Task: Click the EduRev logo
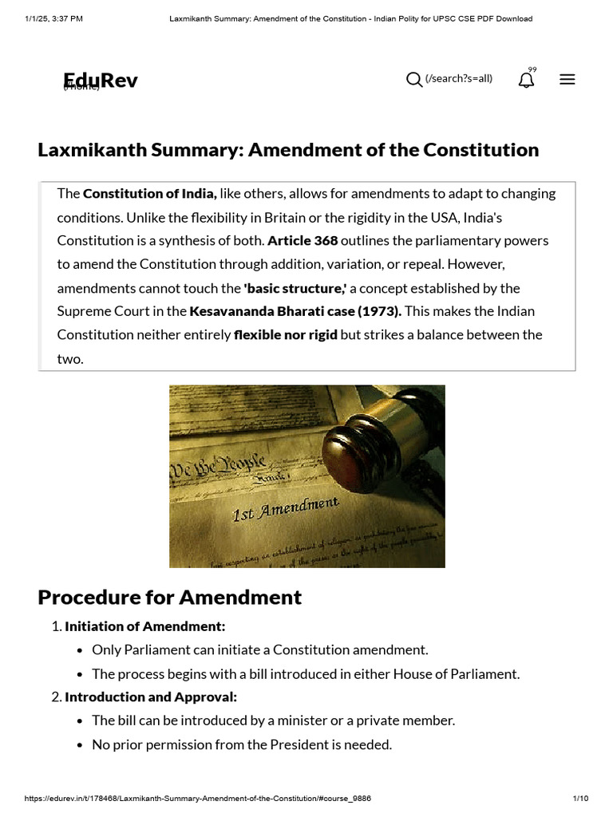(101, 80)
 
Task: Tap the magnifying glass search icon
(414, 79)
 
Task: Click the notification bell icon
(526, 80)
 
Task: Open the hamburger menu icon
(568, 79)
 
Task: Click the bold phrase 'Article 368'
(303, 240)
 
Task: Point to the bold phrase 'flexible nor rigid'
(286, 334)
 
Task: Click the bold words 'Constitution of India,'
(150, 193)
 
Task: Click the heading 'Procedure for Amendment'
(170, 597)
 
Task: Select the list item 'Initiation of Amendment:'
(145, 626)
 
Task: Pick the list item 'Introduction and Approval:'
(151, 697)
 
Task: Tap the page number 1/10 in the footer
(580, 798)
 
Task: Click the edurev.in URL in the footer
(198, 798)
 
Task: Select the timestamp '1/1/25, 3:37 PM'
(53, 18)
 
